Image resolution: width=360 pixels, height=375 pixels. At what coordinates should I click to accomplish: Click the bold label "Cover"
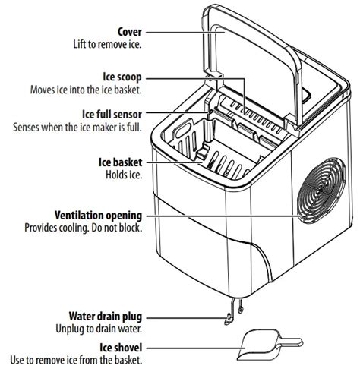point(130,32)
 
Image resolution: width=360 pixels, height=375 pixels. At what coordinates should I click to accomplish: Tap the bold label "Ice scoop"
point(122,77)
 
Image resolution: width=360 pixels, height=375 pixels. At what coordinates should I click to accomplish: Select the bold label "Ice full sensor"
point(112,115)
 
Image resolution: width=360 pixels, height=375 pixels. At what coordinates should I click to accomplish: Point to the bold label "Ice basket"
point(120,162)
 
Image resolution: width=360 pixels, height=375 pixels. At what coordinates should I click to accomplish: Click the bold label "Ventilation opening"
point(99,216)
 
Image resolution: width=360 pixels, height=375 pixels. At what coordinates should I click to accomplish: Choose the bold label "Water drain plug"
point(106,317)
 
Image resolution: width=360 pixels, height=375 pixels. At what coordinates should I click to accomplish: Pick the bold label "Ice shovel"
point(121,348)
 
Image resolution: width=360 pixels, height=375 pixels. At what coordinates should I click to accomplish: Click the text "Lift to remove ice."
point(107,44)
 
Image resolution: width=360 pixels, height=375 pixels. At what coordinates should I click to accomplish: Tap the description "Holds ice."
point(124,175)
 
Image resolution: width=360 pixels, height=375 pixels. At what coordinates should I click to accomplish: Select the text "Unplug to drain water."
point(99,329)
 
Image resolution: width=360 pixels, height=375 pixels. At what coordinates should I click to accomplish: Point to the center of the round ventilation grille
point(321,191)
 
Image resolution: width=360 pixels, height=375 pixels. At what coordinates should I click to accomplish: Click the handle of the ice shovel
point(291,342)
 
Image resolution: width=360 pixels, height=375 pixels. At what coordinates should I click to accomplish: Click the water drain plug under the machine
point(229,318)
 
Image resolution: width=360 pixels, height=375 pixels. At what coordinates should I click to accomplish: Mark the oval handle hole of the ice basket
point(184,128)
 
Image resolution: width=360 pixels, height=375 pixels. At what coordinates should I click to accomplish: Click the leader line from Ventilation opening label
point(223,216)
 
